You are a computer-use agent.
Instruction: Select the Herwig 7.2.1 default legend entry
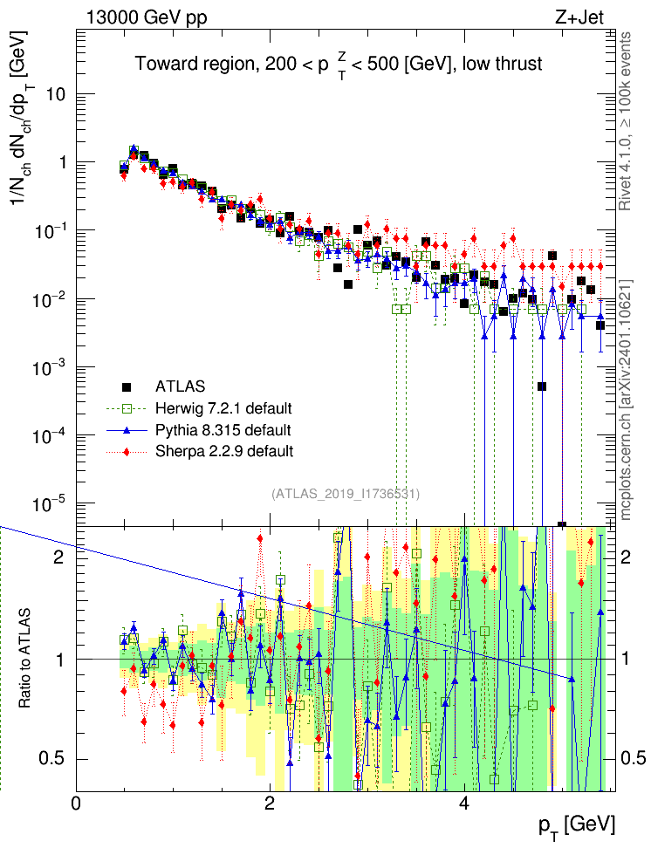(223, 408)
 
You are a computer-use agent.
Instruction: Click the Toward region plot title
(339, 64)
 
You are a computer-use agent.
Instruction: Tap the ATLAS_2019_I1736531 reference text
(346, 494)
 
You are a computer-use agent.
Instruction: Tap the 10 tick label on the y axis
(55, 94)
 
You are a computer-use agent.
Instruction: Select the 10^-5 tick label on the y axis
(51, 503)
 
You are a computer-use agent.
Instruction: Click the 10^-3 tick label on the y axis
(51, 367)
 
